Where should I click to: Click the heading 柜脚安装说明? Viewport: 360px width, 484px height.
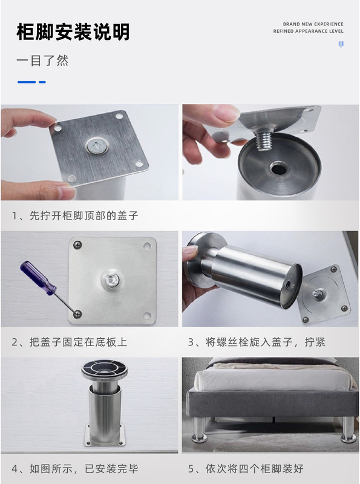coord(73,32)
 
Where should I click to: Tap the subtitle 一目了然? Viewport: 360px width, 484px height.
coord(42,60)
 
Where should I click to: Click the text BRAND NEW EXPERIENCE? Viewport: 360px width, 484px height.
coord(313,24)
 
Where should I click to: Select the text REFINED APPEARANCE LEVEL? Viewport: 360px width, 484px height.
coord(308,31)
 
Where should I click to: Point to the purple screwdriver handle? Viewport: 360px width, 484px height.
coord(38,278)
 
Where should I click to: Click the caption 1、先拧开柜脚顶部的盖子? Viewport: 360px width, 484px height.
coord(74,215)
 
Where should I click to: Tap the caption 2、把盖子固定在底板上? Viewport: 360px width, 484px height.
coord(70,342)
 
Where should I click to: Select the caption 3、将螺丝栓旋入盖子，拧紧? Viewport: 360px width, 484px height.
coord(257,342)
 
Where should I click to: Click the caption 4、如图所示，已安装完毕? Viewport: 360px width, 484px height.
coord(74,468)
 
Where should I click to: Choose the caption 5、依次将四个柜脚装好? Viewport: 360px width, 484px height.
coord(246,468)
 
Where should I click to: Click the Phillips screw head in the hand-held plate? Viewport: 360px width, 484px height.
coord(97,145)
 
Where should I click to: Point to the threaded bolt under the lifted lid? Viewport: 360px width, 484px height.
coord(263,140)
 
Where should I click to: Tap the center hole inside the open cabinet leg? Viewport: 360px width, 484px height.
coord(278,169)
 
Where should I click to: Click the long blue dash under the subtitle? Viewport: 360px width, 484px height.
coord(27,82)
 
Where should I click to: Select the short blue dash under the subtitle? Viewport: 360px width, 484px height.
coord(42,82)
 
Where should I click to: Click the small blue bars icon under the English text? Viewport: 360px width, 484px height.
coord(341,44)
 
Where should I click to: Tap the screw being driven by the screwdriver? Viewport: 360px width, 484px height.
coord(77,314)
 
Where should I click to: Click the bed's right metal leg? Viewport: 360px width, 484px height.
coord(349,430)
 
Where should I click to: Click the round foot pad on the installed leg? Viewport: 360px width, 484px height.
coord(104,370)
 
